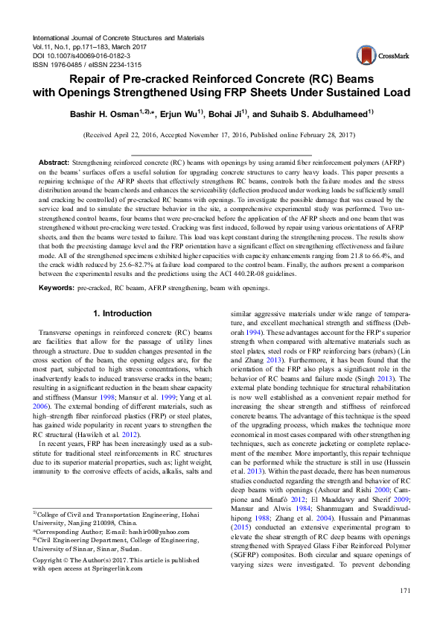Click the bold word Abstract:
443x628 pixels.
pos(53,162)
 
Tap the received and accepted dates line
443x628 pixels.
pos(221,136)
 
